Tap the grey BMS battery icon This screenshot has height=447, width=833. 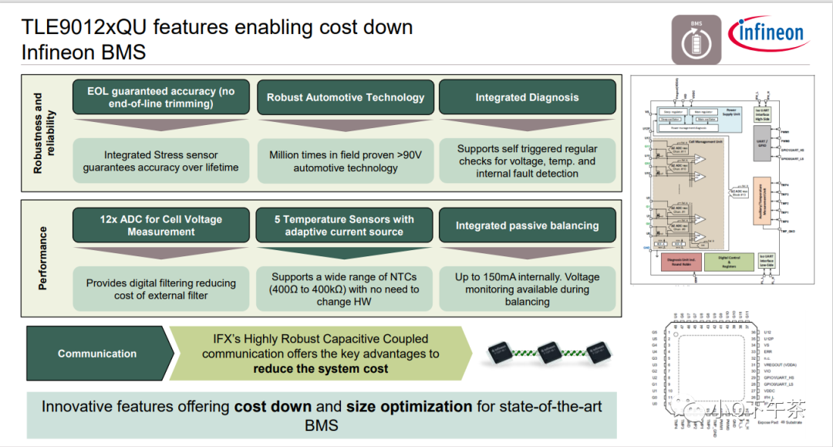(696, 39)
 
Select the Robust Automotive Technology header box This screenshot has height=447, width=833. (346, 97)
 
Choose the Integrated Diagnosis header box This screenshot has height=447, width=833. (527, 97)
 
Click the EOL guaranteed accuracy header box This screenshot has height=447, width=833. (161, 97)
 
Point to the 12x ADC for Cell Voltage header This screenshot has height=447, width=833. (161, 225)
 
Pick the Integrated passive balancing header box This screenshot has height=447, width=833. (527, 225)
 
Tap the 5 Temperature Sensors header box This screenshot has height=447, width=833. (344, 225)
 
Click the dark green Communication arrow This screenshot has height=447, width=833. (98, 354)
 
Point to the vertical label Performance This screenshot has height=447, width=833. (42, 259)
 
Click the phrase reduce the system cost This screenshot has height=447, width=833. (321, 368)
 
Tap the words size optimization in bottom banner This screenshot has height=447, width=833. (409, 407)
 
